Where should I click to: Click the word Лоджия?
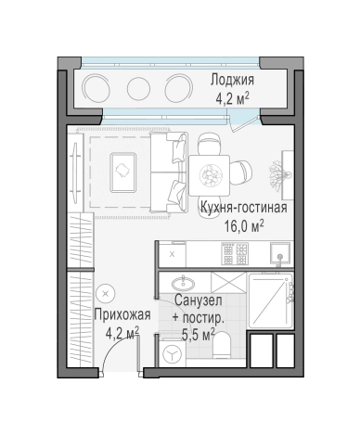[x=232, y=80]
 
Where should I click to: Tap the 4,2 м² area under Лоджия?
[x=232, y=96]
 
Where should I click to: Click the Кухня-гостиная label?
[x=244, y=208]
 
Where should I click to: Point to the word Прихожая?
[x=118, y=315]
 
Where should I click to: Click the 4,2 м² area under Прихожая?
[x=121, y=332]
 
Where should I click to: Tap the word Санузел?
[x=196, y=302]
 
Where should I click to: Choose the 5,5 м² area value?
[x=197, y=333]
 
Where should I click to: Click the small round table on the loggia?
[x=138, y=89]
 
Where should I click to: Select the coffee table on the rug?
[x=123, y=168]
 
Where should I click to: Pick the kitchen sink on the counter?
[x=277, y=252]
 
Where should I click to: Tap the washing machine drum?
[x=173, y=353]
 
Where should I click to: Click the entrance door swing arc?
[x=121, y=357]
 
